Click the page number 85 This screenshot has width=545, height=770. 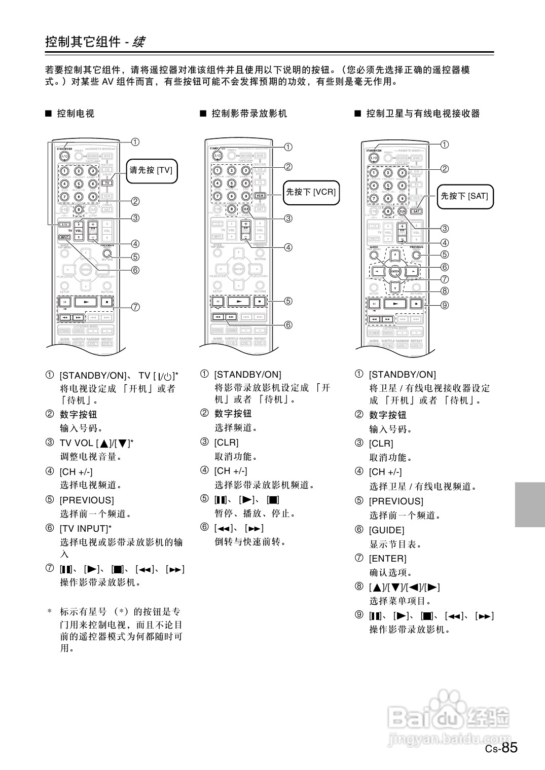(510, 747)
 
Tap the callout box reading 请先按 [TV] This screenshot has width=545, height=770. (151, 170)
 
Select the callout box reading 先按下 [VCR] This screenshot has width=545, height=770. (311, 192)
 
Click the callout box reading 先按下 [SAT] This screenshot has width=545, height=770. (464, 196)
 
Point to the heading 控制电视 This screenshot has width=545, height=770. (76, 114)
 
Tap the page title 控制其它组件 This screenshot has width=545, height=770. (83, 42)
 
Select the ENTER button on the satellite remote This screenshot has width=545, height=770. (395, 272)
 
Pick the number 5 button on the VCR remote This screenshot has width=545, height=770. (232, 184)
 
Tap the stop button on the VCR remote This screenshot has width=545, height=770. (259, 302)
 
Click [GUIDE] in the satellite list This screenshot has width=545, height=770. (387, 530)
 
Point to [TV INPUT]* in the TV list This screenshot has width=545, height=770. (85, 528)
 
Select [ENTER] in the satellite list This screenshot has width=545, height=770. (388, 559)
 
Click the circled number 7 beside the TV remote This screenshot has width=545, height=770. (135, 307)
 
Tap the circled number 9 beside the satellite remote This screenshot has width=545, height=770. (445, 305)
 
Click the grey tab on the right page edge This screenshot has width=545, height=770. (530, 504)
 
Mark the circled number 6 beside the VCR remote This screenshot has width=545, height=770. (288, 325)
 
